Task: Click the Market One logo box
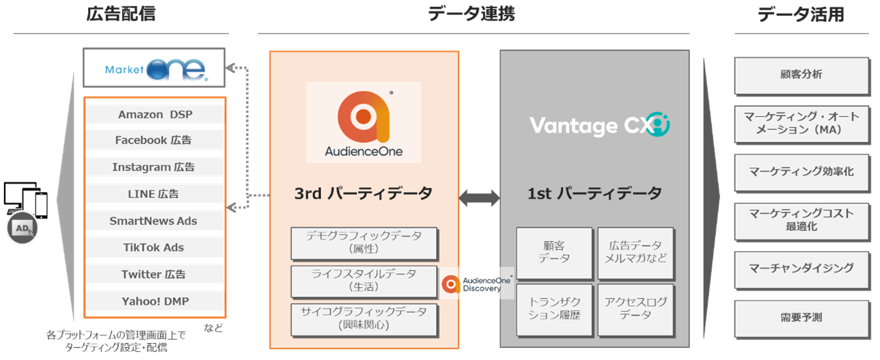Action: (x=154, y=67)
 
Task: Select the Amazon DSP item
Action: (x=154, y=114)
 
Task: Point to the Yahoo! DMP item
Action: (x=154, y=301)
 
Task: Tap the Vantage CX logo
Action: (x=599, y=125)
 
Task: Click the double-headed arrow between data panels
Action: (x=479, y=198)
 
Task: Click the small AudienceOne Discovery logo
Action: (x=477, y=284)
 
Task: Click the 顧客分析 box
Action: (x=800, y=75)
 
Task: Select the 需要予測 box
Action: (x=800, y=317)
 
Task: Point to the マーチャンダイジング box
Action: (x=800, y=268)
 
